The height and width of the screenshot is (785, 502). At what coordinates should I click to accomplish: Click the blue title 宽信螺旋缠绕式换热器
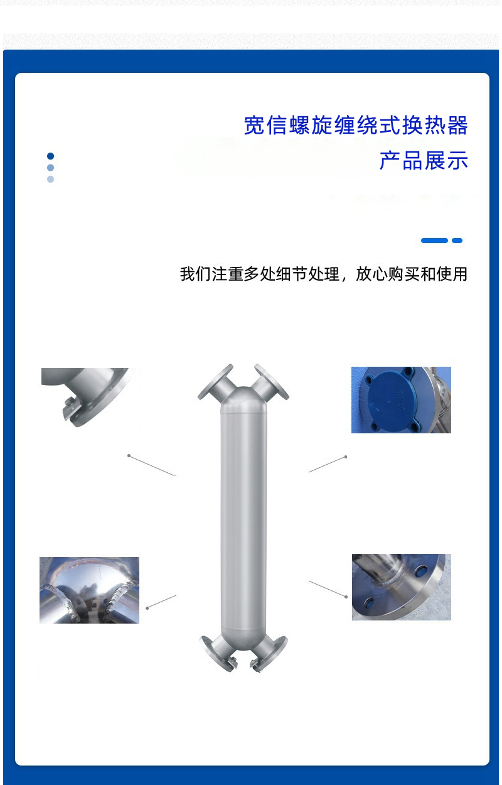[356, 125]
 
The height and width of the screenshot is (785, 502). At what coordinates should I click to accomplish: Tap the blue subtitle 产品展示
[424, 161]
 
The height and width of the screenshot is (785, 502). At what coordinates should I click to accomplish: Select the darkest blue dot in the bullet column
[50, 156]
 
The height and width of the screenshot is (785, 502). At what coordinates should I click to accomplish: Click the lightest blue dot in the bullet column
[50, 179]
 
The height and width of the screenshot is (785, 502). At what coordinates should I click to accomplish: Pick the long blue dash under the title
[434, 241]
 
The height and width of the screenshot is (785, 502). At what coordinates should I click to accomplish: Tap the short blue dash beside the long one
[457, 241]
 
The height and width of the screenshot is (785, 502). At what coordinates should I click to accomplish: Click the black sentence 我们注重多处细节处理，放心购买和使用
[324, 274]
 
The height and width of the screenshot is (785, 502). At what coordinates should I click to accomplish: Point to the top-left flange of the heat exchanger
[216, 382]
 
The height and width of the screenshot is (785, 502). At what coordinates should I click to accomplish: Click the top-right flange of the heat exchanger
[271, 382]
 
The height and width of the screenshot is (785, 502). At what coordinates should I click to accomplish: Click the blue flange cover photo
[401, 400]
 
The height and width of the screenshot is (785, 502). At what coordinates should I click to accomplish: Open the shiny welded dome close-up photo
[89, 590]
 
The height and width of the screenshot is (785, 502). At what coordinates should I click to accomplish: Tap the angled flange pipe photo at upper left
[85, 397]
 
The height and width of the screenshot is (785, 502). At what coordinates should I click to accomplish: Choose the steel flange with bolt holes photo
[402, 587]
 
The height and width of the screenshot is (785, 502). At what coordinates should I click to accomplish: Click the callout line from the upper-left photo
[152, 465]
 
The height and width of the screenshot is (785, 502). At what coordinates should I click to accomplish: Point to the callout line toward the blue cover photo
[328, 464]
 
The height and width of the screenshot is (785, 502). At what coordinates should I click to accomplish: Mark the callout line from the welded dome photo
[161, 602]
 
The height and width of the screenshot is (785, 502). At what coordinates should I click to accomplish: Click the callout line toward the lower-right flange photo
[328, 589]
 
